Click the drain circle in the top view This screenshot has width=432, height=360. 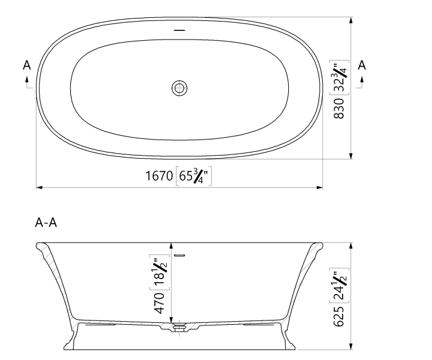click(x=180, y=88)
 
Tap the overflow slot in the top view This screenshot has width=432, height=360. click(x=180, y=30)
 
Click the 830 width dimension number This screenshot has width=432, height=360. click(x=338, y=109)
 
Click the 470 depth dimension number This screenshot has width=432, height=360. click(x=159, y=303)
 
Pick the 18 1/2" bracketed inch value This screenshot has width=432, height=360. click(x=159, y=271)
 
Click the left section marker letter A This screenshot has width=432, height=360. click(x=26, y=64)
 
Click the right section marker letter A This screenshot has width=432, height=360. click(x=362, y=64)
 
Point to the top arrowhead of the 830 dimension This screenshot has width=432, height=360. click(x=351, y=20)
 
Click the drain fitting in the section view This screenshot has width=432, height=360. click(x=180, y=327)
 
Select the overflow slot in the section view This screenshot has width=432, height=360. click(x=180, y=255)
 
